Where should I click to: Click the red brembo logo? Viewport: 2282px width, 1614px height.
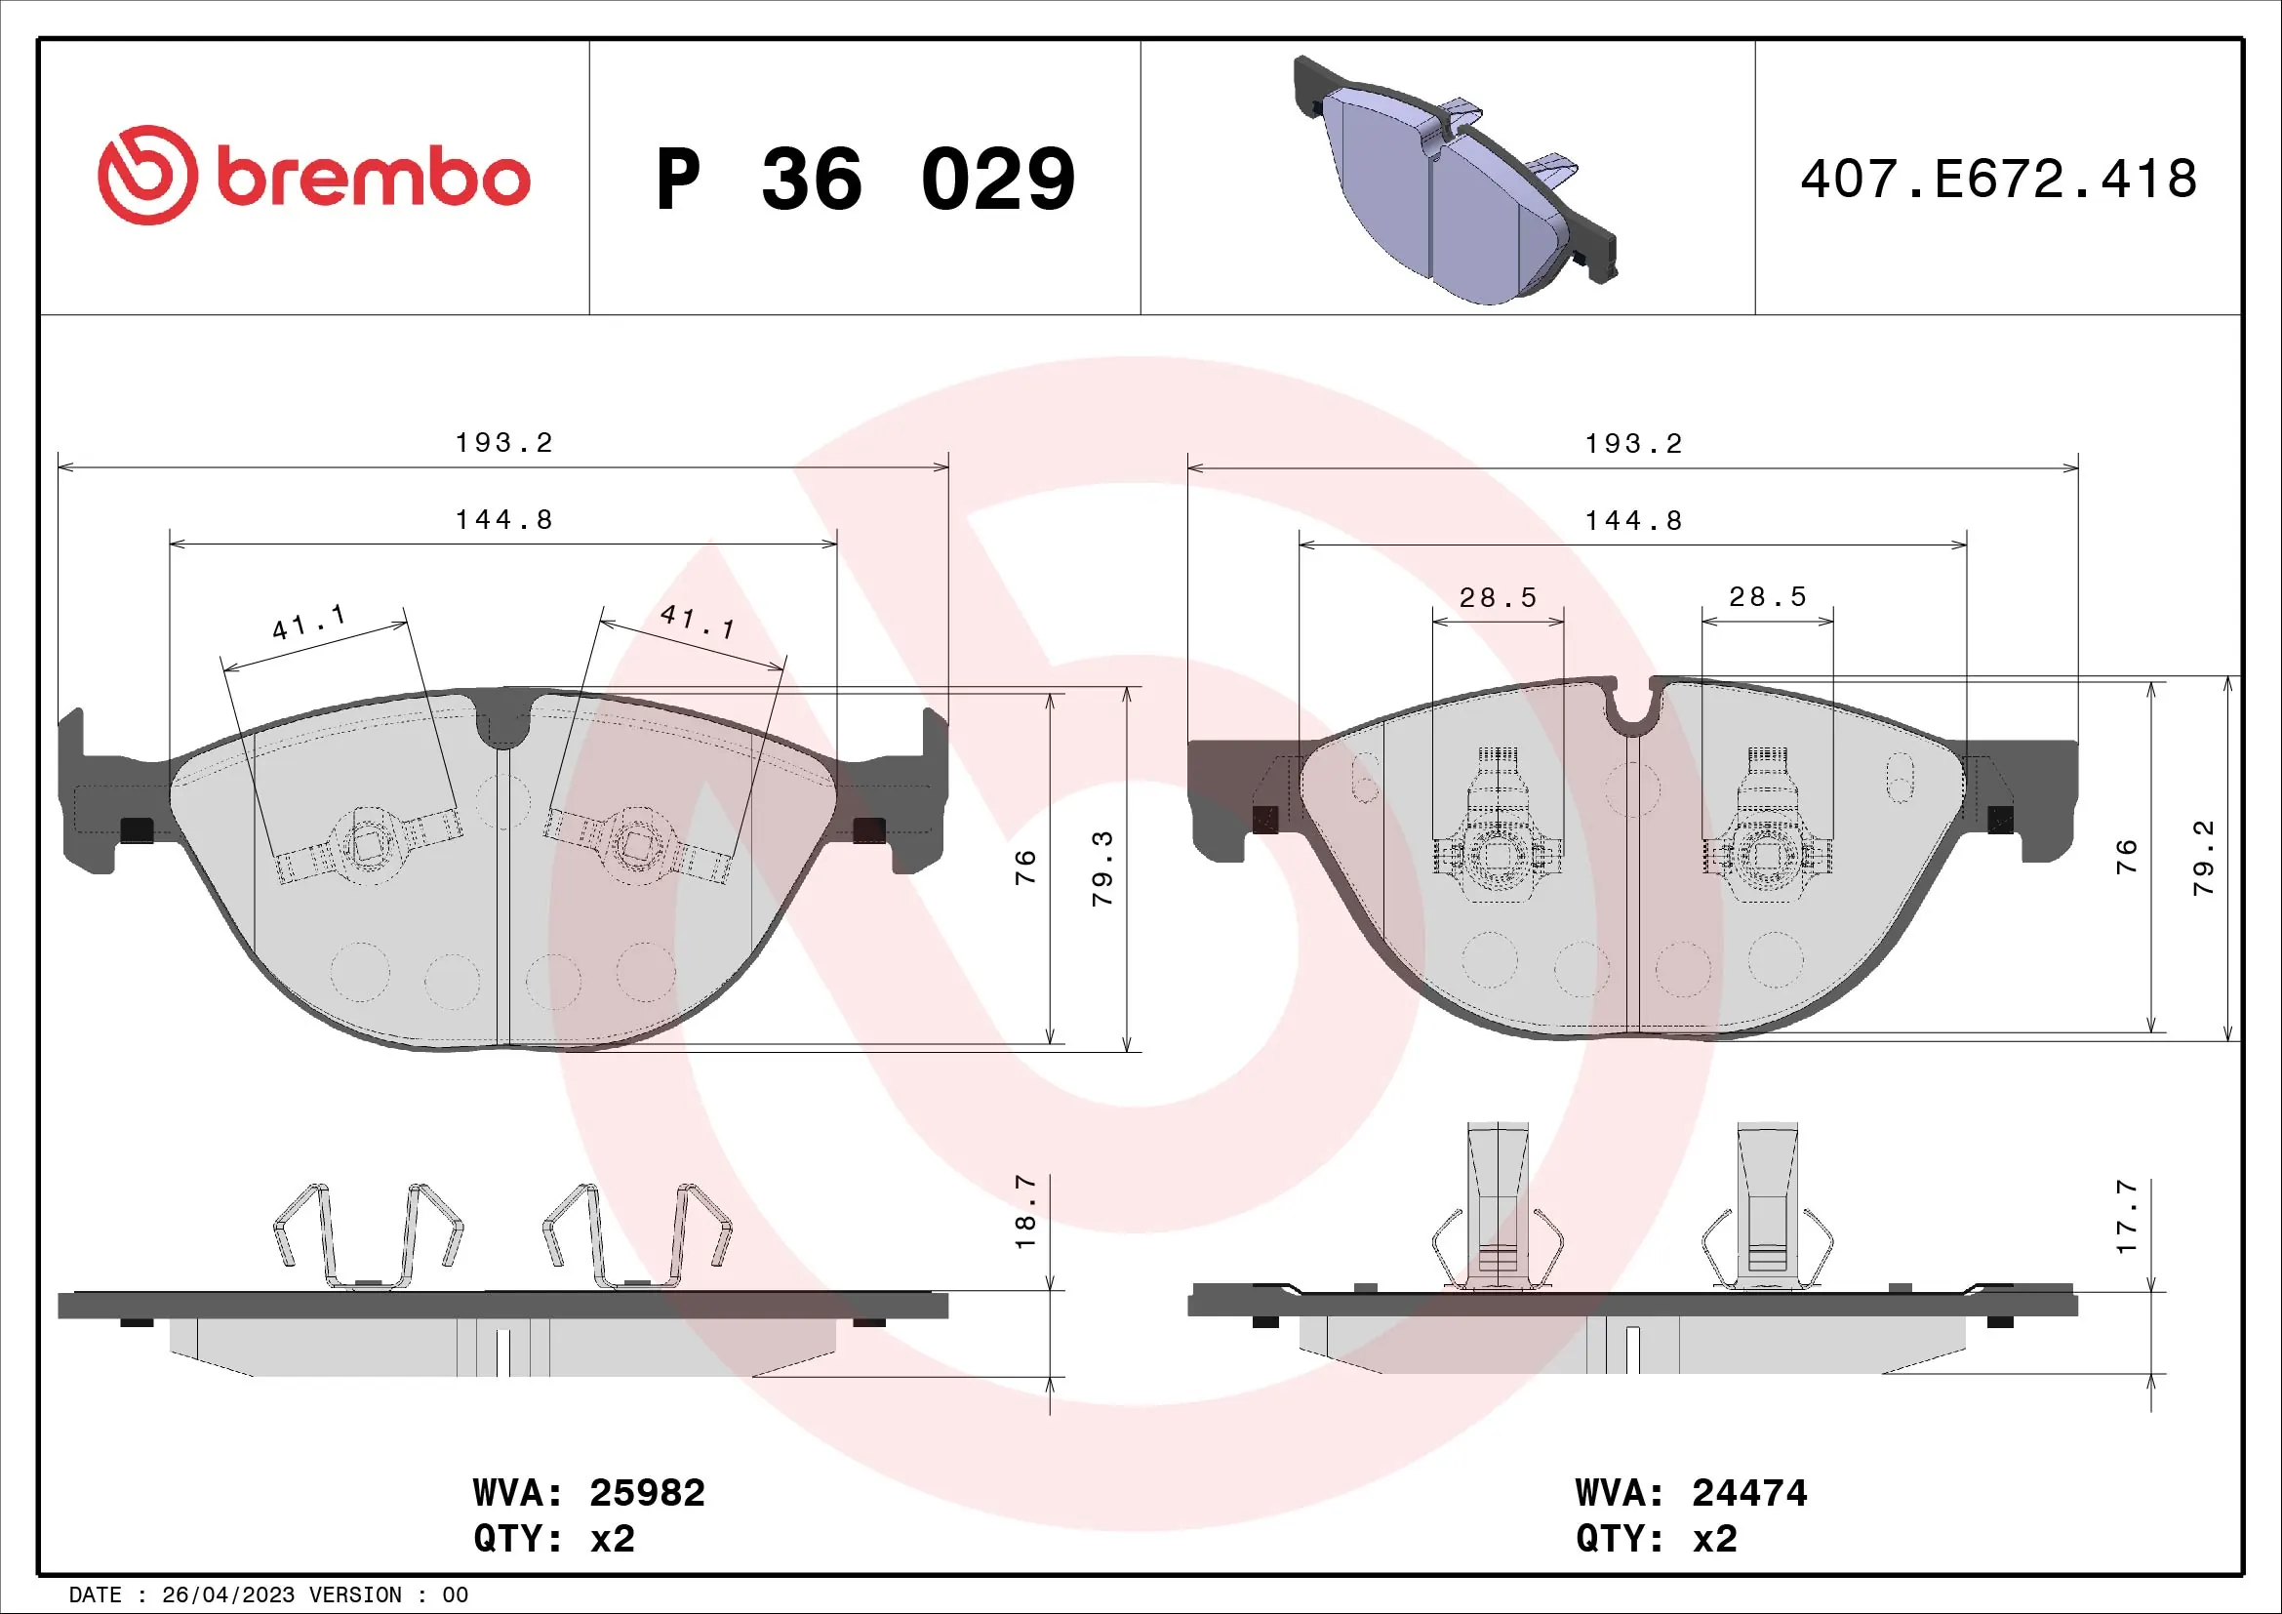coord(313,176)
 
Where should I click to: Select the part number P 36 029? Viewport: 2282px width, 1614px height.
coord(864,180)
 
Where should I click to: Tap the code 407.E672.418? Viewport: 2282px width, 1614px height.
coord(1998,180)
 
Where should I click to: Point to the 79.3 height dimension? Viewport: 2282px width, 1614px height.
coord(1102,868)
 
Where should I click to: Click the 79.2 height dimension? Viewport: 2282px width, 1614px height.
coord(2205,858)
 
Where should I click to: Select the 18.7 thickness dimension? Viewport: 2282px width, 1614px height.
coord(1024,1212)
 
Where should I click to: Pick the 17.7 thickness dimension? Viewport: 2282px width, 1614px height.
coord(2126,1217)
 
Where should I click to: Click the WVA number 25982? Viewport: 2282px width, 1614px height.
coord(647,1493)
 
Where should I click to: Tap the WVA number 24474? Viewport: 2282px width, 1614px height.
coord(1749,1493)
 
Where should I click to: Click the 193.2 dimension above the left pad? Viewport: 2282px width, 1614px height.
coord(503,442)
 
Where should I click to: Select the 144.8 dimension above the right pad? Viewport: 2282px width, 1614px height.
coord(1633,520)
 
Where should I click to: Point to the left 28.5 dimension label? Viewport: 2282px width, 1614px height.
coord(1498,597)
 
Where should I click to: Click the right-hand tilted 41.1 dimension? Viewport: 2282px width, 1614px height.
coord(698,622)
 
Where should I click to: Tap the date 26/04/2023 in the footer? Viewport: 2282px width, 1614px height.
coord(227,1595)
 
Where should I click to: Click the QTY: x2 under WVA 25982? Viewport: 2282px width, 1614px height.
coord(553,1539)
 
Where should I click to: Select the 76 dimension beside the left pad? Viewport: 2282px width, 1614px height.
coord(1024,868)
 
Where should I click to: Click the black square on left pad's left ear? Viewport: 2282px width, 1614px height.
coord(137,828)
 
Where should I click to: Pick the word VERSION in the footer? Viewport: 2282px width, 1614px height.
coord(356,1595)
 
